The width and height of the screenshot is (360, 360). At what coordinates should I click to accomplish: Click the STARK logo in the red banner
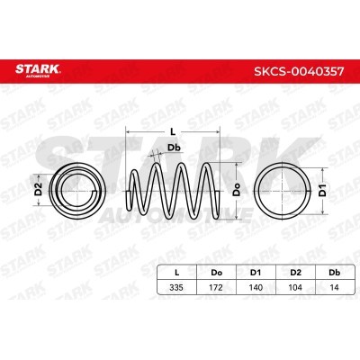38,70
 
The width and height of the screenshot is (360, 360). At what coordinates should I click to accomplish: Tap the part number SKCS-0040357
299,71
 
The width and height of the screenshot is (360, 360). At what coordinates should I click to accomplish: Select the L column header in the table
177,273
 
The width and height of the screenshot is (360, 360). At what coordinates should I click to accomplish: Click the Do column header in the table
216,273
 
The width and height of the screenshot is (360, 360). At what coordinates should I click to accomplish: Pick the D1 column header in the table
256,273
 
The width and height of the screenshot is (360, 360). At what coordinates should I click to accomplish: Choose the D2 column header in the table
295,273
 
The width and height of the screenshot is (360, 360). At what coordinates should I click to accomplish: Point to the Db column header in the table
335,273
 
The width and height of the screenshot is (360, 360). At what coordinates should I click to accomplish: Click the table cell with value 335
176,287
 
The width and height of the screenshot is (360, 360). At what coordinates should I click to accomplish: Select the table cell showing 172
216,287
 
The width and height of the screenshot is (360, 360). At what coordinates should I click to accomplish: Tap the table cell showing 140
256,287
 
